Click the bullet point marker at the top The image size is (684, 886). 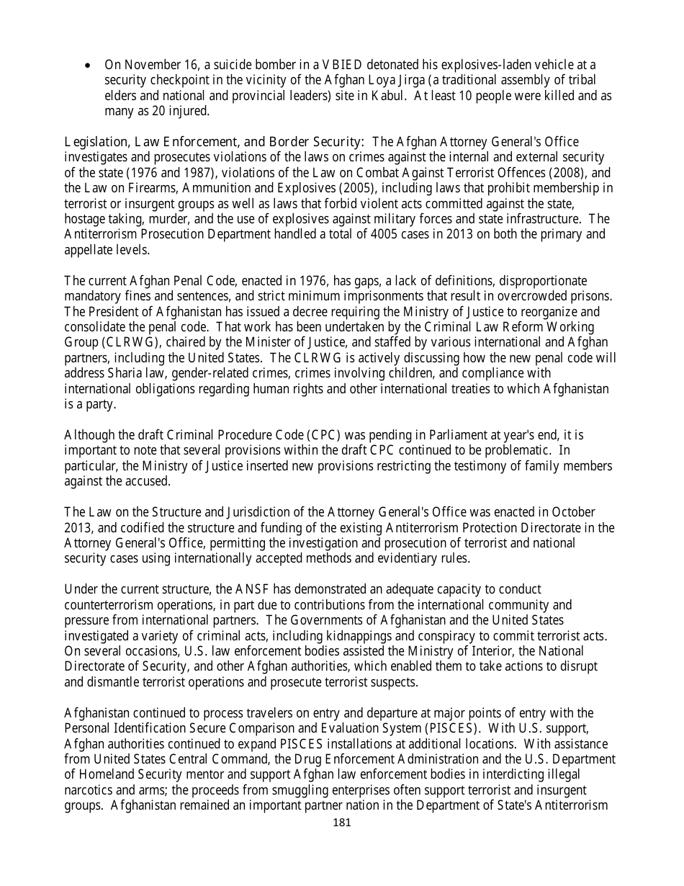tap(88, 66)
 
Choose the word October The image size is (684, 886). tap(573, 512)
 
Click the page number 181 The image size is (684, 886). tap(342, 823)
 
